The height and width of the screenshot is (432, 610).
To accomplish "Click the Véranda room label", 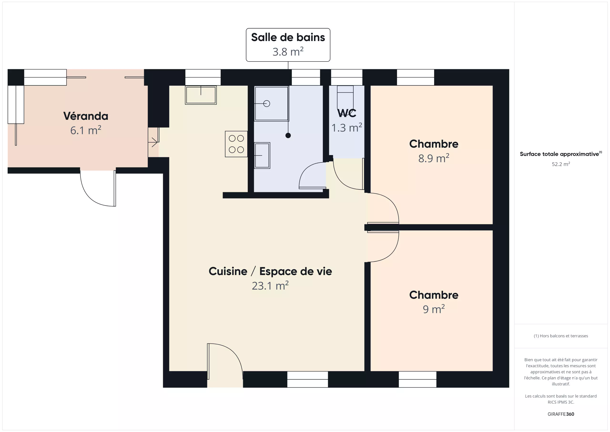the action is (x=86, y=116).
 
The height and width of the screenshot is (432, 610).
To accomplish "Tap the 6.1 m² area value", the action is (x=86, y=130).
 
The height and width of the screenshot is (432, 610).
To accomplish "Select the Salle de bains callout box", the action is (x=288, y=45).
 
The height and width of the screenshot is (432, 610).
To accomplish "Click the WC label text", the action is (x=347, y=113).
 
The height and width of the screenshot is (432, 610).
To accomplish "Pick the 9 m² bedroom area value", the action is (x=434, y=309).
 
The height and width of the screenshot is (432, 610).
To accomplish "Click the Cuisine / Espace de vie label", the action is (x=270, y=271).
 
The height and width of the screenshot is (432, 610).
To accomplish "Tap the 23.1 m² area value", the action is (x=270, y=286).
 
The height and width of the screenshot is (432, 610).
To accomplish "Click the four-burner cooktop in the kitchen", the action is (x=236, y=144).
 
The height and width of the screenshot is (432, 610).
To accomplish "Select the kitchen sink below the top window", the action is (x=201, y=95).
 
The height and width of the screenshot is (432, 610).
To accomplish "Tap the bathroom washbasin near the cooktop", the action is (x=262, y=156).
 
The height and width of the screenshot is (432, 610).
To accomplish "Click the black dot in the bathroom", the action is (x=288, y=135).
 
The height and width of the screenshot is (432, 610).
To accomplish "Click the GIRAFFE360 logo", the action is (x=561, y=414).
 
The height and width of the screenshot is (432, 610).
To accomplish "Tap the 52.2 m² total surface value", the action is (x=561, y=164).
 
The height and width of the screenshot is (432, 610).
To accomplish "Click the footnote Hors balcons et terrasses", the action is (x=561, y=336).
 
